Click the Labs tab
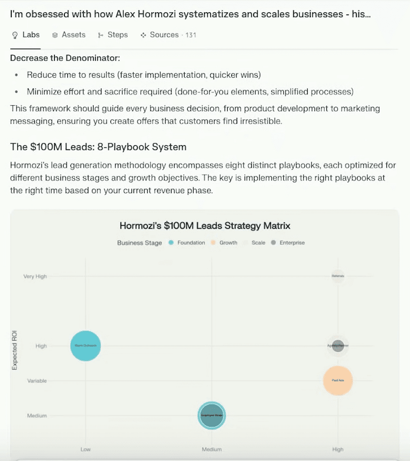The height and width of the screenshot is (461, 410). pos(26,35)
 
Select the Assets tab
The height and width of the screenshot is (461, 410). pos(68,35)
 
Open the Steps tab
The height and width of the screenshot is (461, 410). pos(113,35)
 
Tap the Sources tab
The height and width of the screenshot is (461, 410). pos(160,35)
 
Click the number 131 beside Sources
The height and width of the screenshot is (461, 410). pos(191,35)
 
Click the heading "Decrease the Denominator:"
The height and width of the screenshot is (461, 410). pos(65,58)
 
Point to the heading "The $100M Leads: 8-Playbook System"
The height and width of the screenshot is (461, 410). pos(98,147)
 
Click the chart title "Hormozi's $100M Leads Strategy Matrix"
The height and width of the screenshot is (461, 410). pos(205,226)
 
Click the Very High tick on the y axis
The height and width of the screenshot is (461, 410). pos(35,276)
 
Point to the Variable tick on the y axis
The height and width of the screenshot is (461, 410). pos(37,381)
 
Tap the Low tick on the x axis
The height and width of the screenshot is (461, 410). pos(86,449)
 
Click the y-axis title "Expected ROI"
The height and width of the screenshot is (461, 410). pos(14,350)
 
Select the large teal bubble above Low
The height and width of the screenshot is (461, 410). pos(86,346)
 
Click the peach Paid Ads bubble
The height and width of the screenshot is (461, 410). pos(338,381)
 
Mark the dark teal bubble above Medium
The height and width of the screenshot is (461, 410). pos(212,415)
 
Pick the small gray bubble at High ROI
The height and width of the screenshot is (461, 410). pos(338,346)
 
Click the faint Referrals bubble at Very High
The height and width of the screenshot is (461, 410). pos(338,276)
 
